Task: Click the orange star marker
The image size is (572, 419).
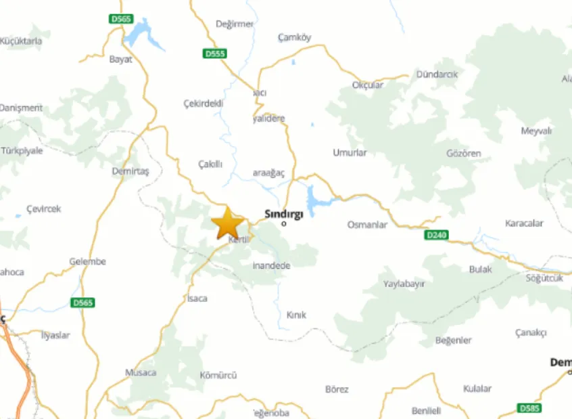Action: tap(228, 223)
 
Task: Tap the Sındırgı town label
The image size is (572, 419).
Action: tap(283, 213)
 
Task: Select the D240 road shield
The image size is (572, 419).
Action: tap(437, 235)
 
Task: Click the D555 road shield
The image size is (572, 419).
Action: tap(216, 53)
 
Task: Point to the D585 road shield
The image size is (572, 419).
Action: tap(529, 408)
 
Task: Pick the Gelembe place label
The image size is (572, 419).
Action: tap(88, 261)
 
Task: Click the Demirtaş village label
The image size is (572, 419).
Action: tap(130, 171)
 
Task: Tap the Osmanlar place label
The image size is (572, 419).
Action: tap(367, 225)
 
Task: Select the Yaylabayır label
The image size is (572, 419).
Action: tap(404, 284)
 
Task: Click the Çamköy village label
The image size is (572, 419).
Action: tap(295, 38)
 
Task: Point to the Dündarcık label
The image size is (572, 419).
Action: tap(438, 74)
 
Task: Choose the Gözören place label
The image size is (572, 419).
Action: tap(464, 154)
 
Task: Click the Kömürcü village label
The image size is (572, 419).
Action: tap(218, 376)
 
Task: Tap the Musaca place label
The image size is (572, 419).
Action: tap(141, 372)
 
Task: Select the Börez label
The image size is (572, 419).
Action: tap(337, 389)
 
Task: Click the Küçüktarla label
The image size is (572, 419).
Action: tap(21, 41)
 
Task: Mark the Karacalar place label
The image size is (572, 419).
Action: tap(524, 223)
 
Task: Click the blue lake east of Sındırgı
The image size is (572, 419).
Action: tap(314, 200)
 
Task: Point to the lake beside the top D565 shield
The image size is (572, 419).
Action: tap(146, 34)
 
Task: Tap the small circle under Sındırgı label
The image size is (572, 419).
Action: tap(284, 224)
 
